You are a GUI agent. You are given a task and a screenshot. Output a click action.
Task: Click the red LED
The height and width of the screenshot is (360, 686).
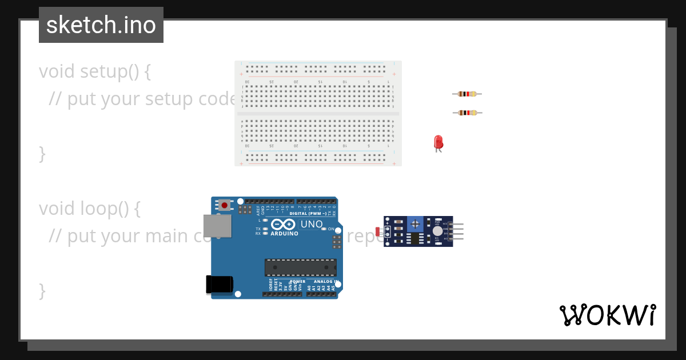[438, 142]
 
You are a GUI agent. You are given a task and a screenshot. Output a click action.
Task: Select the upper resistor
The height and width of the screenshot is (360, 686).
[467, 94]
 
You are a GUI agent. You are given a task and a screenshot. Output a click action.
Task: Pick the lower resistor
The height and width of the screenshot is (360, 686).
[467, 113]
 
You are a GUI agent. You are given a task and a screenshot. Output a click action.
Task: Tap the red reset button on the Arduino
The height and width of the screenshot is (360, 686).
[225, 205]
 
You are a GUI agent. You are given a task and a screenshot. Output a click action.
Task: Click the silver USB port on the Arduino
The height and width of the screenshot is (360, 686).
[217, 226]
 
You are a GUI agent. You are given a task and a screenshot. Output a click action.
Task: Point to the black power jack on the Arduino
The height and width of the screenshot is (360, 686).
[219, 284]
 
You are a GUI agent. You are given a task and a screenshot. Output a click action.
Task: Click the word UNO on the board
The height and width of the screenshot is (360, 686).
[312, 225]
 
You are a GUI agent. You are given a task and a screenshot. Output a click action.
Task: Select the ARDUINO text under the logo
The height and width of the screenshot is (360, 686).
[284, 233]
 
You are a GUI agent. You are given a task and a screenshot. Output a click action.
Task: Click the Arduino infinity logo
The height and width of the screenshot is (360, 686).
[284, 225]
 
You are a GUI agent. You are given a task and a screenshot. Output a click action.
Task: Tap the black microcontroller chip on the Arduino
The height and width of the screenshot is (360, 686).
[300, 267]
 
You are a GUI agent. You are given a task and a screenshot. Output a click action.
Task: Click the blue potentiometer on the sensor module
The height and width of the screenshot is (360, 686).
[415, 224]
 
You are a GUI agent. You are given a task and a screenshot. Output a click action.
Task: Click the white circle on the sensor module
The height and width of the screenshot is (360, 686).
[437, 230]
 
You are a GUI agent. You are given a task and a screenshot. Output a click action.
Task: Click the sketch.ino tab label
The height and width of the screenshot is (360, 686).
[101, 25]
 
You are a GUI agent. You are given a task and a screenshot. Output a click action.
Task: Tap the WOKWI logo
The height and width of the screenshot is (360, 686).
[607, 315]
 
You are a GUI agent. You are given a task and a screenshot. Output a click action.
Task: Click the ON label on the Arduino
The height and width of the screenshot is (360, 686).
[331, 229]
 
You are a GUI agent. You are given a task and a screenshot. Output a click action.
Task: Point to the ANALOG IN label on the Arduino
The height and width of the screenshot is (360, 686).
[325, 282]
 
